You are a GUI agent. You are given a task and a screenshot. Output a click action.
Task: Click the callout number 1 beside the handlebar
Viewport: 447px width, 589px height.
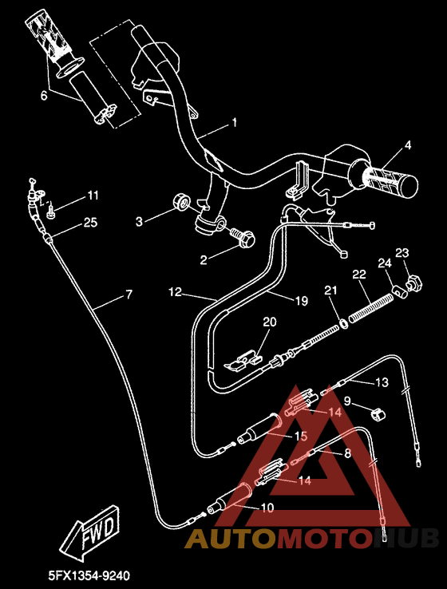pos(235,123)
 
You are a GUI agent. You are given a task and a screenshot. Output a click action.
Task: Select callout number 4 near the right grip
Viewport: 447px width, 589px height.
pos(407,145)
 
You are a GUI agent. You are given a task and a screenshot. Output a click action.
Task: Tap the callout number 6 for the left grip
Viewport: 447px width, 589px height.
pos(44,94)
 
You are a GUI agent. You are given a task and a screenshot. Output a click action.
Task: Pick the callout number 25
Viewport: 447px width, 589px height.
pos(90,223)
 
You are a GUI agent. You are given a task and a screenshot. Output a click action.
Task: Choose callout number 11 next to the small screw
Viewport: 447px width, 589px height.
pos(93,196)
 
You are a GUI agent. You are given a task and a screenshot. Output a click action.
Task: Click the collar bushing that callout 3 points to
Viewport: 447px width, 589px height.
pos(181,202)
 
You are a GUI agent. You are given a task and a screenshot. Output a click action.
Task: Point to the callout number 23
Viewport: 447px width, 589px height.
pos(402,253)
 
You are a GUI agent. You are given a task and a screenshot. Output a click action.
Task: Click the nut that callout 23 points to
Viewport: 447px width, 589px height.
pos(414,282)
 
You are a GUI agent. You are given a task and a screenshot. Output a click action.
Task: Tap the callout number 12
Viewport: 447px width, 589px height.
pos(175,292)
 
